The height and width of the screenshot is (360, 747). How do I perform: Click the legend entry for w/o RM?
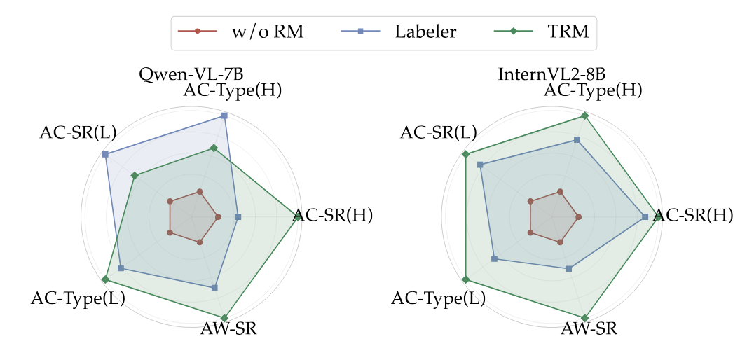pyautogui.click(x=240, y=32)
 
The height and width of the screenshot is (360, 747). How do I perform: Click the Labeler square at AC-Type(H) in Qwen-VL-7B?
pyautogui.click(x=224, y=116)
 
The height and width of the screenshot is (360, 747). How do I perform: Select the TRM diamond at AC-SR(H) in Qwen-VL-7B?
pyautogui.click(x=299, y=217)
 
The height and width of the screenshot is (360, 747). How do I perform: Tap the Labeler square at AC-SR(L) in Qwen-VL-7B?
pyautogui.click(x=105, y=154)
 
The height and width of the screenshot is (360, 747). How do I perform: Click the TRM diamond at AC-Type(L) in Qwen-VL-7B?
pyautogui.click(x=105, y=279)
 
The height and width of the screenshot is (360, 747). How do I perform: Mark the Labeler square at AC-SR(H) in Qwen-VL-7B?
pyautogui.click(x=238, y=217)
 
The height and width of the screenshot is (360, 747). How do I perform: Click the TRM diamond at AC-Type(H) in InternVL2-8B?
pyautogui.click(x=584, y=116)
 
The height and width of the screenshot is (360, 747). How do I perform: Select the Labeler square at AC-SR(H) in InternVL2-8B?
pyautogui.click(x=645, y=217)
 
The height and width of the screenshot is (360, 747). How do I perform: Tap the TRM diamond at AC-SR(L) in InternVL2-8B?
pyautogui.click(x=465, y=154)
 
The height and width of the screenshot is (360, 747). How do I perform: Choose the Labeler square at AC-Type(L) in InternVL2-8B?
pyautogui.click(x=495, y=259)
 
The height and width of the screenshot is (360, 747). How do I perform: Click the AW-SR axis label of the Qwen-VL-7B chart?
pyautogui.click(x=228, y=329)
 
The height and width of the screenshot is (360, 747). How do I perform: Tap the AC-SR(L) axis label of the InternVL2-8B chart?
pyautogui.click(x=438, y=132)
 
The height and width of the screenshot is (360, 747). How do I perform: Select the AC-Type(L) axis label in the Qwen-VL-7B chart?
pyautogui.click(x=78, y=299)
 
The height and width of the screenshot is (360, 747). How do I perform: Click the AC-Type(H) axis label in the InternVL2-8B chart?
pyautogui.click(x=593, y=90)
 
